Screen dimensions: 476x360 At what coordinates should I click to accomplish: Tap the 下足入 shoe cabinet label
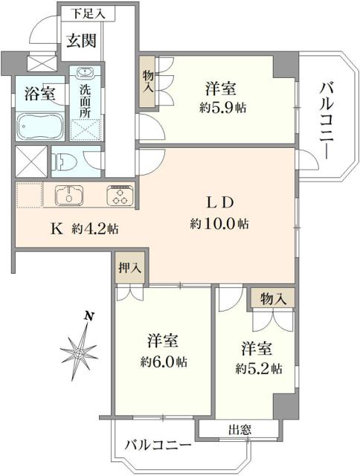(x=87, y=13)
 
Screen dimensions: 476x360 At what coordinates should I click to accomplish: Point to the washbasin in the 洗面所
(x=83, y=74)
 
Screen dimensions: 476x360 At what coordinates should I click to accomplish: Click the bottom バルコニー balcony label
(x=158, y=446)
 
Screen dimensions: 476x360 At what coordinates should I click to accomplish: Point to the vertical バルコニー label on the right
(x=326, y=119)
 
